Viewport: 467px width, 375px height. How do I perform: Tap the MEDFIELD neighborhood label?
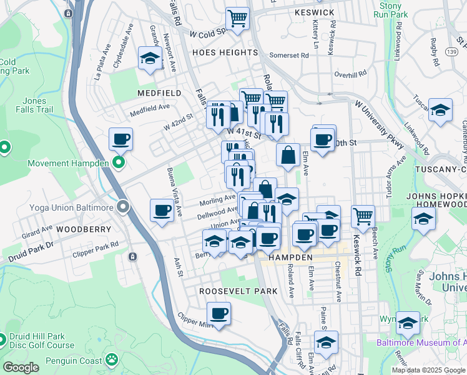click(159, 93)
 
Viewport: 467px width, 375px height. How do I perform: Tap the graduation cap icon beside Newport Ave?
click(150, 59)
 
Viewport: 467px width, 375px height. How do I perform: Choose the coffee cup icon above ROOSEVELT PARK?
click(219, 314)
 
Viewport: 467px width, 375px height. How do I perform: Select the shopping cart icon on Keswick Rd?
click(363, 216)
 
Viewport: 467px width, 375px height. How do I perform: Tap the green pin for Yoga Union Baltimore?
click(124, 207)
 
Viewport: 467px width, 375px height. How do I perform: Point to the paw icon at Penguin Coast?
click(111, 359)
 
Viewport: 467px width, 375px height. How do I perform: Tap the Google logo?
click(21, 367)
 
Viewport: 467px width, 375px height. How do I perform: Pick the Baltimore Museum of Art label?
click(421, 342)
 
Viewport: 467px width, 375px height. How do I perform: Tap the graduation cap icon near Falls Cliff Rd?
click(326, 342)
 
